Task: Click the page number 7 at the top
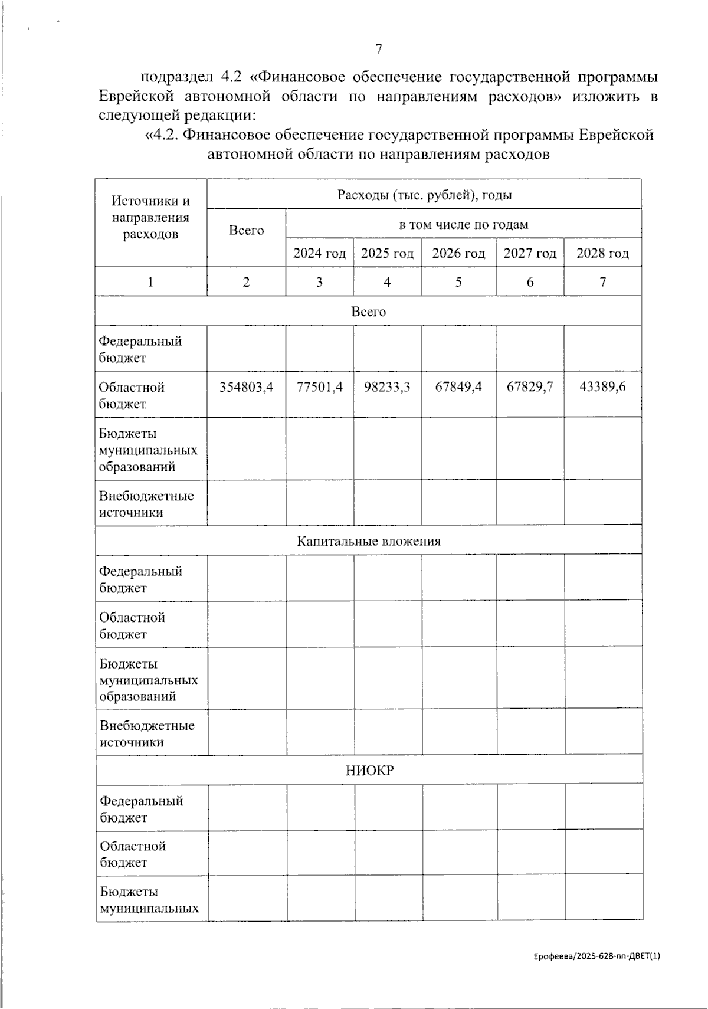click(379, 50)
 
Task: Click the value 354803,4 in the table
click(246, 387)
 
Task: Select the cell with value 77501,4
click(319, 387)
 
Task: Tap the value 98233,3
click(387, 387)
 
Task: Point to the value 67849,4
click(458, 387)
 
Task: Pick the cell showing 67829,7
click(530, 387)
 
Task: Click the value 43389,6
click(602, 387)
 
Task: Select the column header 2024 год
click(319, 253)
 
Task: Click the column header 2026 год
click(458, 253)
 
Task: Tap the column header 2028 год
click(602, 253)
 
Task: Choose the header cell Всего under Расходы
click(246, 231)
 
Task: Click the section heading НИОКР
click(369, 771)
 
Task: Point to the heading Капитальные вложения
click(369, 541)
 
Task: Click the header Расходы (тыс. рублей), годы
click(424, 195)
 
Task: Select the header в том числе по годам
click(463, 224)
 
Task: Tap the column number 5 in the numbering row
click(458, 282)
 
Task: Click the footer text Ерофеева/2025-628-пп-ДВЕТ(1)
click(594, 956)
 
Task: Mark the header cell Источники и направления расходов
click(150, 218)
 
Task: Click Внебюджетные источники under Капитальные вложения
click(147, 733)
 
